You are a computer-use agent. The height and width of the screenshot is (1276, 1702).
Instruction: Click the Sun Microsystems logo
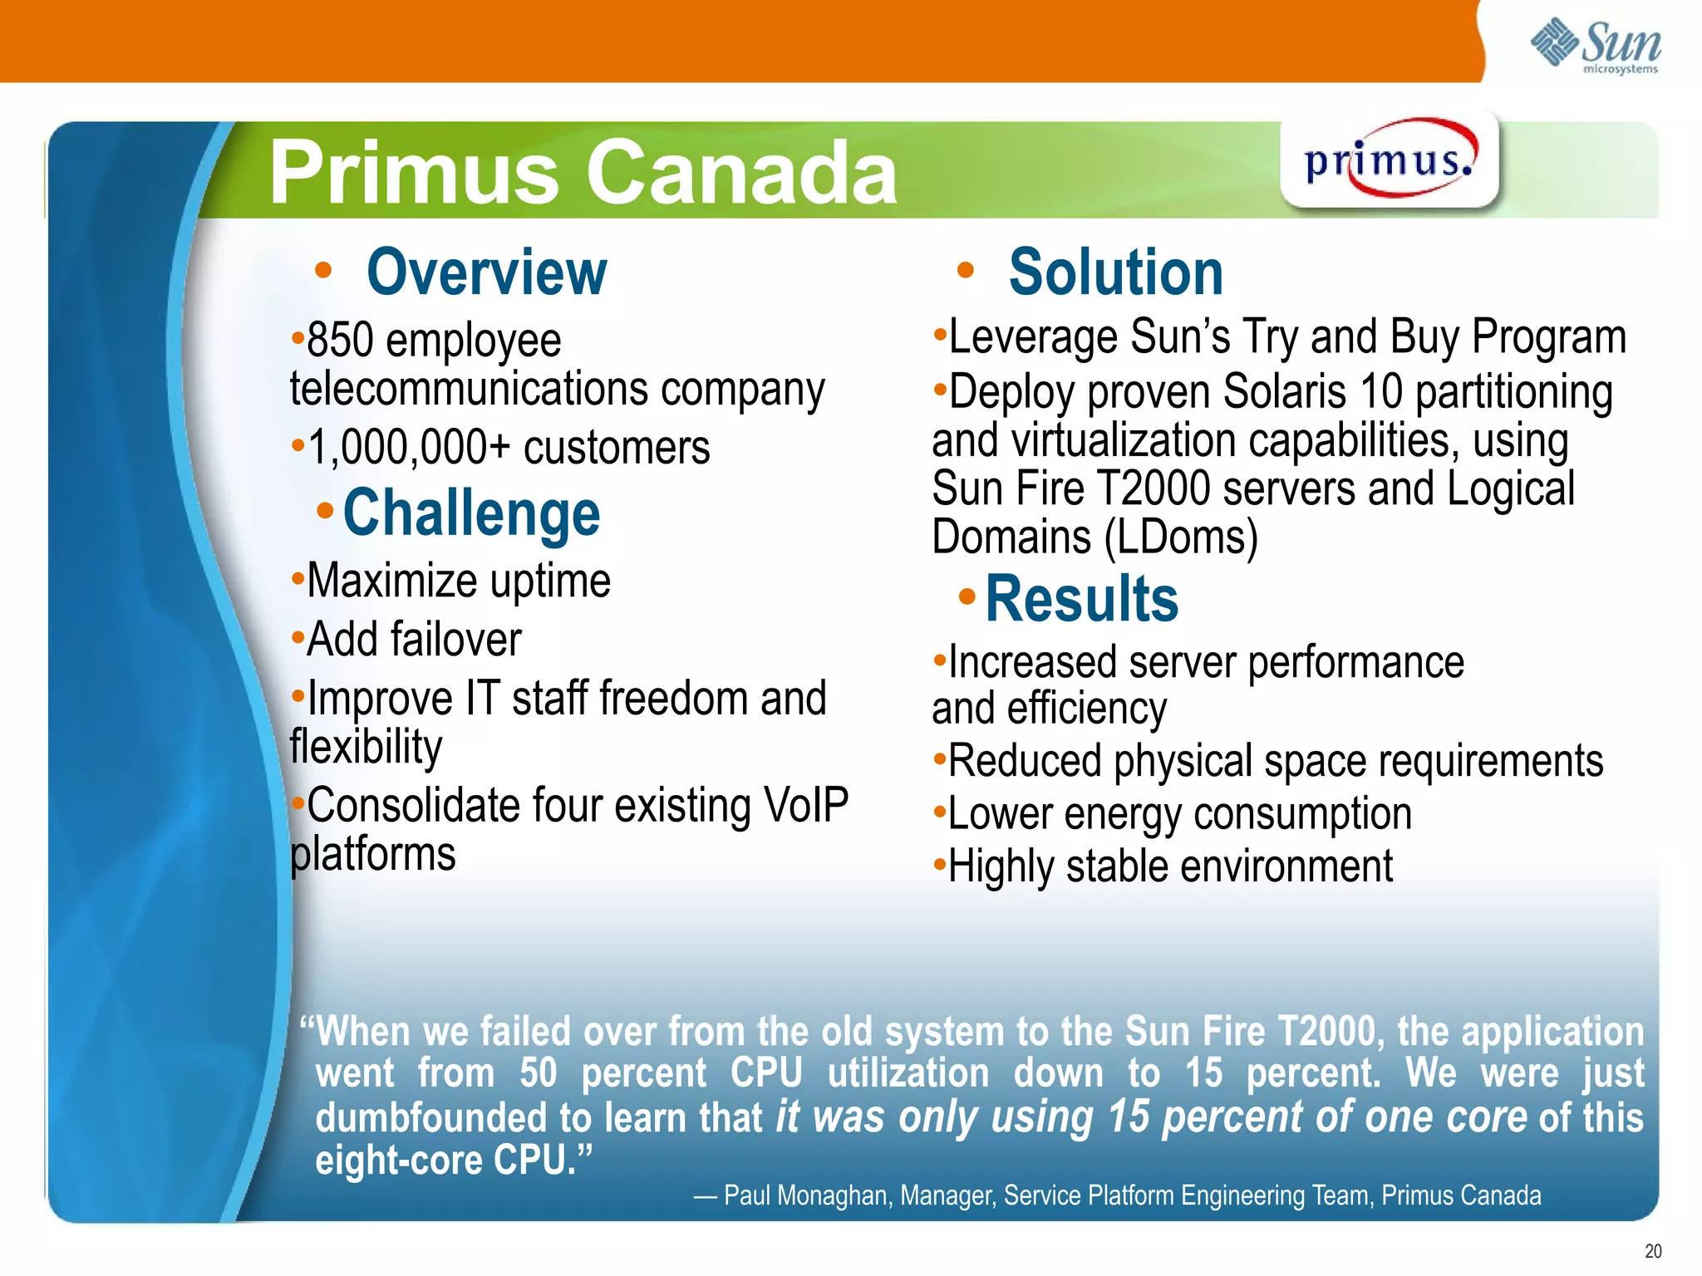point(1596,46)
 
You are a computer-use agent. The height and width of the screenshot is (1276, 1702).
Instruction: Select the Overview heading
point(486,272)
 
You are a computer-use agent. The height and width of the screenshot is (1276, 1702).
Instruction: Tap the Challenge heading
point(471,513)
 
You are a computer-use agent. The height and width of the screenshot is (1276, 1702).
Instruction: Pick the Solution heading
point(1115,272)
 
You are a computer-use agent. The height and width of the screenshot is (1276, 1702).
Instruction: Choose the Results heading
point(1081,599)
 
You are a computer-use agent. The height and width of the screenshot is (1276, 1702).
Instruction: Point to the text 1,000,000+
point(409,448)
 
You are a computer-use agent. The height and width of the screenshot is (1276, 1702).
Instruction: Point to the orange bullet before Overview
point(323,271)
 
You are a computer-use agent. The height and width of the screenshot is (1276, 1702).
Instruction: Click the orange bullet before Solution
point(965,271)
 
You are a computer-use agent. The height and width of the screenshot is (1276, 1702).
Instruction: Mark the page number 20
point(1652,1251)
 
